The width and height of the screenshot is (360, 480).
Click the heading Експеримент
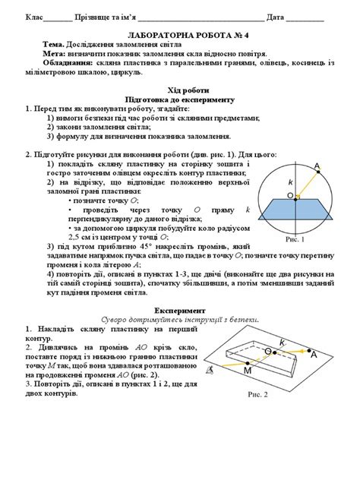[x=180, y=311]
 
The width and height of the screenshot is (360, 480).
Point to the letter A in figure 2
[x=313, y=352]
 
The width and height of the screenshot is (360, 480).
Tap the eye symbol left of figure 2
[x=211, y=369]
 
